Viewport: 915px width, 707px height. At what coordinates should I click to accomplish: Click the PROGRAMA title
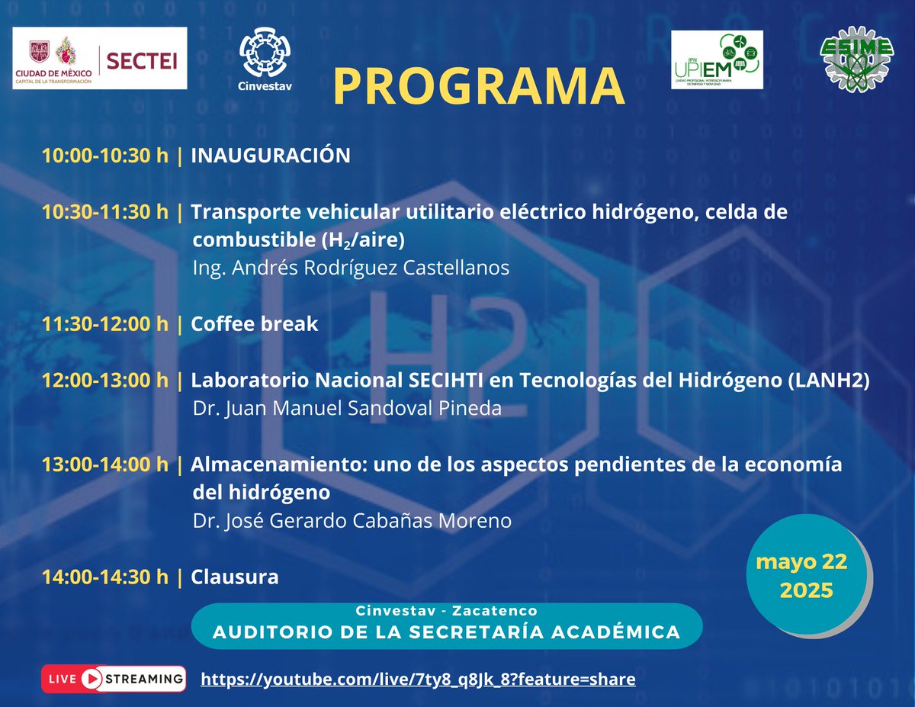[478, 85]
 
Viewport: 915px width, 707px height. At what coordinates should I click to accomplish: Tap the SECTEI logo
[100, 59]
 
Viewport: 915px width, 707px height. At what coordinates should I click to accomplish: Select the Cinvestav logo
[265, 59]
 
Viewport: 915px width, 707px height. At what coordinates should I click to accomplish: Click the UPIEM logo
[717, 59]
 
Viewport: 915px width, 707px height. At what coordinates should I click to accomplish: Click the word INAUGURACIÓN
[270, 156]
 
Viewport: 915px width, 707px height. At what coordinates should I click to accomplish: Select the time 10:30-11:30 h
[105, 212]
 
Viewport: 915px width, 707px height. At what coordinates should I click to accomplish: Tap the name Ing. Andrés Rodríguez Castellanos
[351, 268]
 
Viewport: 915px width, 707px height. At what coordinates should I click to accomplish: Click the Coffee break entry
[254, 324]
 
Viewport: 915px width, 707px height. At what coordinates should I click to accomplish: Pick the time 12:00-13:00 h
[105, 381]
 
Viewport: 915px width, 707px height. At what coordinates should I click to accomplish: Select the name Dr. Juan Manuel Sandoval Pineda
[347, 409]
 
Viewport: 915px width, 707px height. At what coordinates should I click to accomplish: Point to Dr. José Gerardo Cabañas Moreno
[352, 521]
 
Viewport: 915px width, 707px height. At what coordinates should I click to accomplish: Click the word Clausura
[234, 577]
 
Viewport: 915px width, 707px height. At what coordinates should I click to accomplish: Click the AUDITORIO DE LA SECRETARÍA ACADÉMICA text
[446, 632]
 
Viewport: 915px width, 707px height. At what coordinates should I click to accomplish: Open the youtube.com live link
[417, 679]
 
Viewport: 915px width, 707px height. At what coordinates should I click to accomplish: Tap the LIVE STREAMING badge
[114, 678]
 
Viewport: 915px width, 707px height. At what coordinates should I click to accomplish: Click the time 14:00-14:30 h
[105, 577]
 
